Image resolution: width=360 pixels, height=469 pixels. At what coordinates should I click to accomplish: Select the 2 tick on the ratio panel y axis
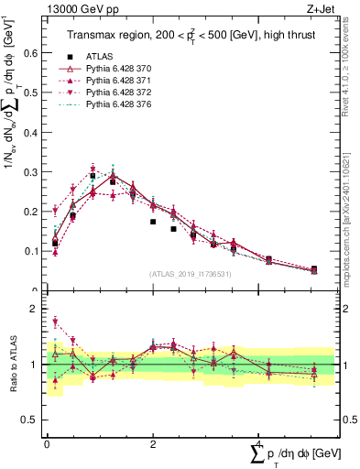pos(38,310)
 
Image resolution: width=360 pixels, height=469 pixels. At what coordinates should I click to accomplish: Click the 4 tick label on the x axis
pos(259,443)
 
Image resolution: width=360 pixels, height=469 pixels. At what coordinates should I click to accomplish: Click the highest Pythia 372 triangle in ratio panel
pos(55,322)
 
